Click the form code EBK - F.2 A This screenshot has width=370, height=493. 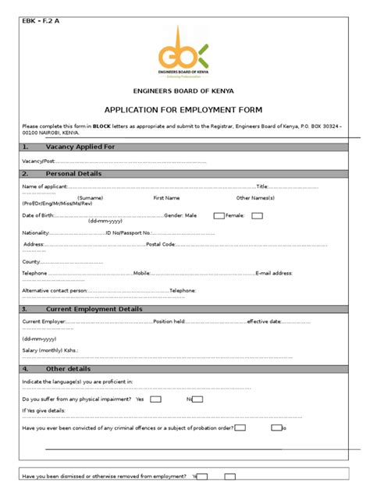[41, 20]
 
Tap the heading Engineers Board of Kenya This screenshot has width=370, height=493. [183, 91]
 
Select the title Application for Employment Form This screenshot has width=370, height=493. [183, 109]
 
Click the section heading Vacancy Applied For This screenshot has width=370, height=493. [80, 147]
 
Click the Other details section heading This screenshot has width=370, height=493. [68, 368]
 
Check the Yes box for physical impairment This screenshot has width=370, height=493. [156, 399]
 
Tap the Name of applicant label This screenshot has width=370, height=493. [45, 187]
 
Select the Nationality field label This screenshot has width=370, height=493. [36, 232]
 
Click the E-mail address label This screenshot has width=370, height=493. [274, 274]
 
